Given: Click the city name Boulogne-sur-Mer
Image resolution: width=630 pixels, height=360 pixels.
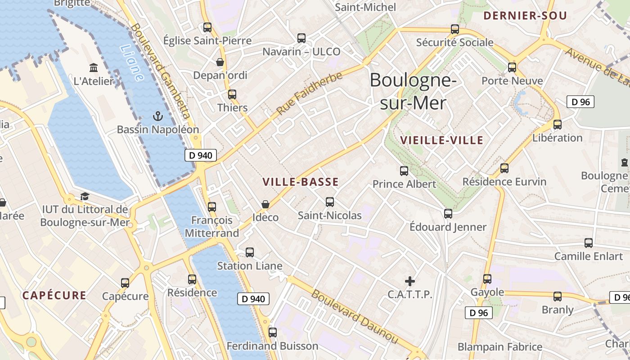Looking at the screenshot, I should coord(413,91).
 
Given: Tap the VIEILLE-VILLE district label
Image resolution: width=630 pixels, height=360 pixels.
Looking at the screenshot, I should coord(441,140).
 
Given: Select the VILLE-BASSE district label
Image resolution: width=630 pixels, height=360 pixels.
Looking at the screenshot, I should coord(300,182).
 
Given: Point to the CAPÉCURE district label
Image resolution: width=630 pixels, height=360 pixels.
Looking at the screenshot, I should coord(54,296).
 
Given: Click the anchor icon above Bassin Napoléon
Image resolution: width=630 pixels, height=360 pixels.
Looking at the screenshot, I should coord(157,117).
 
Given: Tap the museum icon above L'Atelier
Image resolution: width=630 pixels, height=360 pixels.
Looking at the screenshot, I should coord(94,68).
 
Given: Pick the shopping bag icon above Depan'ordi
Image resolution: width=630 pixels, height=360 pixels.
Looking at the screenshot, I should coord(220,62).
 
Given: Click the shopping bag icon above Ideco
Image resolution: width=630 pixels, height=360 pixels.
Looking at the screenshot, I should coord(265,204).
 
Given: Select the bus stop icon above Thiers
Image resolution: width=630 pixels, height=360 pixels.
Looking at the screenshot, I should coord(232,94).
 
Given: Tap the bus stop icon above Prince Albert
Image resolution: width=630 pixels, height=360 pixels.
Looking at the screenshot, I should coord(404,171).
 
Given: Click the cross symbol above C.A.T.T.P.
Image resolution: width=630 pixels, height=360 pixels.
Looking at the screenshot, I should coord(409,281).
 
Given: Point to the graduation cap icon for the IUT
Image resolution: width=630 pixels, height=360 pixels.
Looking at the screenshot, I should coord(85,196).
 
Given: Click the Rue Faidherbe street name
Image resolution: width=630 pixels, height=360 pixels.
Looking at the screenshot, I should coord(310,93).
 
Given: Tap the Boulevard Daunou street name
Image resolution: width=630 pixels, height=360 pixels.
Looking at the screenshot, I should coord(355,317).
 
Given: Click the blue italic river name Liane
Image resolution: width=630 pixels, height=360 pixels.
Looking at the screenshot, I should coord(132,63).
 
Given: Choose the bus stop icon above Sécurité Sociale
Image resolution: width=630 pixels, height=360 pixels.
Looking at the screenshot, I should coord(455,29).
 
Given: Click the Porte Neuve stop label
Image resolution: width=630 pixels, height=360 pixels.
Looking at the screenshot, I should coord(512,81).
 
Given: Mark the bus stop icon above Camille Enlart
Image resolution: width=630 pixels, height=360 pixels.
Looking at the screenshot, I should coord(589,243).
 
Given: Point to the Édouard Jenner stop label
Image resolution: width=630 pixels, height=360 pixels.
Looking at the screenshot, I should coord(448,227).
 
